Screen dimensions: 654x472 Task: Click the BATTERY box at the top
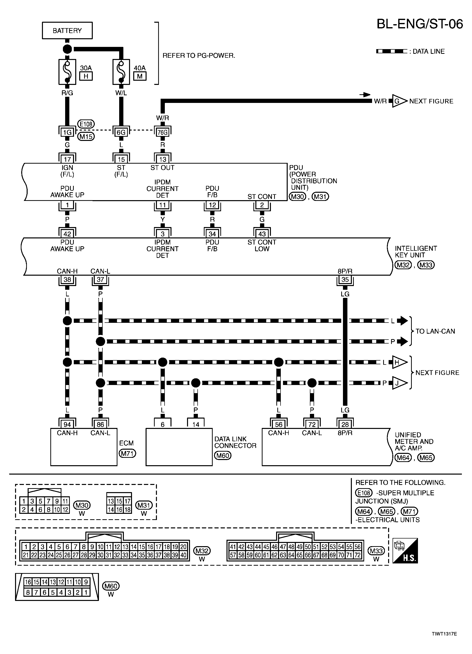tap(67, 30)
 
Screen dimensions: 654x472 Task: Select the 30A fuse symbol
tap(67, 72)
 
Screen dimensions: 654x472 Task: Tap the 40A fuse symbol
tap(121, 72)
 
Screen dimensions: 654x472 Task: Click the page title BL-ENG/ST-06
tap(419, 24)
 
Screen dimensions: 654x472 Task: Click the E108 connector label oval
tap(86, 124)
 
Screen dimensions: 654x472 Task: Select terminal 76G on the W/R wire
tap(163, 132)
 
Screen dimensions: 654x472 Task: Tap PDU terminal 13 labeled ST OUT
tap(163, 159)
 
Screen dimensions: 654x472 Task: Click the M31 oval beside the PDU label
tap(320, 197)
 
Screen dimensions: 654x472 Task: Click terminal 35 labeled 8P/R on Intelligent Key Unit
tap(345, 279)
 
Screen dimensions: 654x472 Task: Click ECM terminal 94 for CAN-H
tap(67, 424)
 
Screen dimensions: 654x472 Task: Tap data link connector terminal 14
tap(196, 424)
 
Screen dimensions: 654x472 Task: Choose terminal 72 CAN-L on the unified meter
tap(312, 424)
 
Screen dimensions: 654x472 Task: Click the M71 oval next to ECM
tap(127, 453)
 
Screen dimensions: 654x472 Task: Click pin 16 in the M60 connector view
tap(28, 582)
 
